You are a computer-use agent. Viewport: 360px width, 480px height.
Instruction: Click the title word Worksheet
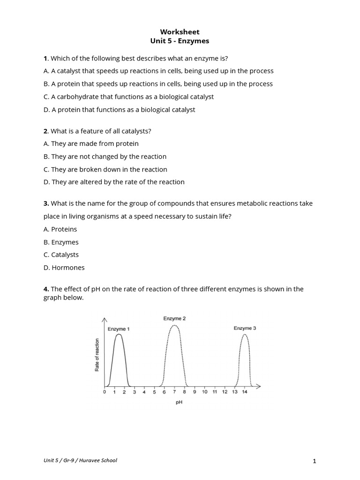point(180,32)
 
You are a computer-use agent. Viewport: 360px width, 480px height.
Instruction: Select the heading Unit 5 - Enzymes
point(180,41)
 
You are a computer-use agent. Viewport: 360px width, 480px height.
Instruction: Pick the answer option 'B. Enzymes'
point(61,242)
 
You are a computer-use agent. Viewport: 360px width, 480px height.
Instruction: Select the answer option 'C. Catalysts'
point(61,255)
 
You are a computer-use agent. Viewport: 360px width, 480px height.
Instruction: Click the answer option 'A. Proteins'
point(60,229)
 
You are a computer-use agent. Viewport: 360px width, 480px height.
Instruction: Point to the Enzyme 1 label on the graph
point(119,329)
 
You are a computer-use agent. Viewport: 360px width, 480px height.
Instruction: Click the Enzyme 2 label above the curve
point(174,319)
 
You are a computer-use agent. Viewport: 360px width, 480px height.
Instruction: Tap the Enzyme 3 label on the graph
point(245,329)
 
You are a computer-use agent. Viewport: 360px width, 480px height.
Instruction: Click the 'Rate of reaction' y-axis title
point(97,355)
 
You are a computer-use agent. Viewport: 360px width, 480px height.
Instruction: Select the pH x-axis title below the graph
point(179,402)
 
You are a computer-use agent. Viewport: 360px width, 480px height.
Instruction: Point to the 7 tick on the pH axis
point(174,392)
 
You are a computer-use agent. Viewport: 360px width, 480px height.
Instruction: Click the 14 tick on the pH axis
point(244,392)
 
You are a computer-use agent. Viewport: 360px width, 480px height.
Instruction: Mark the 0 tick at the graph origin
point(105,392)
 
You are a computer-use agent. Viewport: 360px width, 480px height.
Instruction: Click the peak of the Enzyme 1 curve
point(119,334)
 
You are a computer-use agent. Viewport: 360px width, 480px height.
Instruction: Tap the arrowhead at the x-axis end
point(259,387)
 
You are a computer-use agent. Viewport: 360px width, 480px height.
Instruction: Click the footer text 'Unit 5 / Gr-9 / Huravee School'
point(80,460)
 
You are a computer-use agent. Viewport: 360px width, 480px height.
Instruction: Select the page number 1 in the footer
point(315,461)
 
